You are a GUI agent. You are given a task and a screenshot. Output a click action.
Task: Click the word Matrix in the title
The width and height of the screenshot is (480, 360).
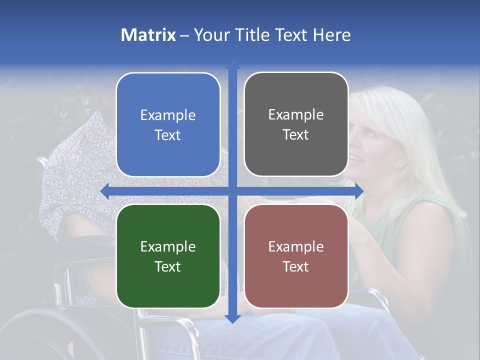click(x=148, y=35)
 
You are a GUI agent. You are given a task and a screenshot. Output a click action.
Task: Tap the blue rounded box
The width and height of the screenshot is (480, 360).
click(x=168, y=124)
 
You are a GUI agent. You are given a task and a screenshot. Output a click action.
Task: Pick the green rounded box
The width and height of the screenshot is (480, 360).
click(x=168, y=256)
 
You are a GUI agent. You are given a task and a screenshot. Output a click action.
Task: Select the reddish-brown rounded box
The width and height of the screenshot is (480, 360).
click(x=296, y=256)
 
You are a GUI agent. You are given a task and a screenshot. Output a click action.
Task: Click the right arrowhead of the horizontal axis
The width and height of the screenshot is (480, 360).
click(x=359, y=191)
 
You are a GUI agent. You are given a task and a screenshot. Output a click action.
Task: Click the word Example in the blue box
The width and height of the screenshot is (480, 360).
click(x=168, y=115)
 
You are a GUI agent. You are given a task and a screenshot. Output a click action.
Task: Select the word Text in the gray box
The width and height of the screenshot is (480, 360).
click(x=296, y=134)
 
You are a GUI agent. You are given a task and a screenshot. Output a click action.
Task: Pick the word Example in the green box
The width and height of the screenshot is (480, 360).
click(x=168, y=246)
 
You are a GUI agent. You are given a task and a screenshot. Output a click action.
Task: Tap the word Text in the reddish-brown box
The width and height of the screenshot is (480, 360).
click(x=296, y=266)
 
